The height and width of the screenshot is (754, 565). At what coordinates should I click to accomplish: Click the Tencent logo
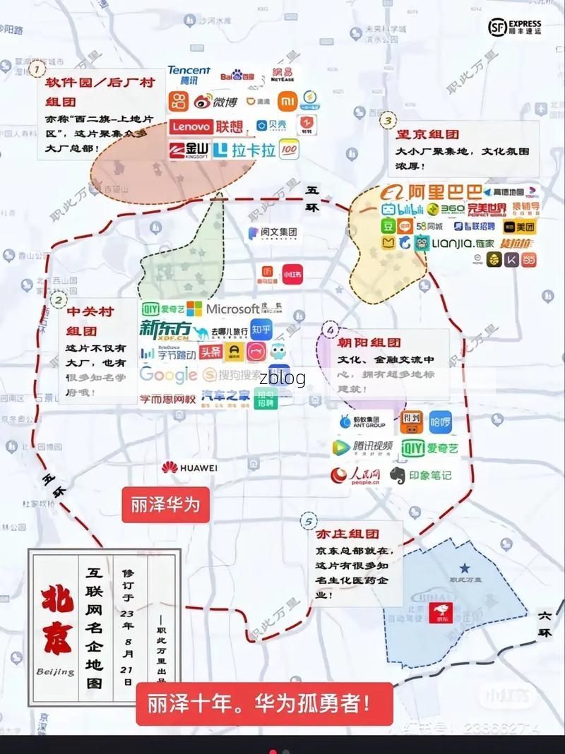point(189,75)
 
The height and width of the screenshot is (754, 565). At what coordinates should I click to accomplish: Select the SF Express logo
point(515,28)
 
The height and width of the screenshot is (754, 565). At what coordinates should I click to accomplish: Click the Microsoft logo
point(223,309)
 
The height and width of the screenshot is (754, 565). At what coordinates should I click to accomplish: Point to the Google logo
point(168,374)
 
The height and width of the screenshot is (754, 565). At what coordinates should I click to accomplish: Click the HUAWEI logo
point(189,467)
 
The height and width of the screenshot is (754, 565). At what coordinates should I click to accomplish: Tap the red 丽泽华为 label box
point(165,504)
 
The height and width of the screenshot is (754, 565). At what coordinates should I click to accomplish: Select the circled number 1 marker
point(37,68)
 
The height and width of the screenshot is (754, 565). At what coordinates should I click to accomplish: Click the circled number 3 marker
point(387,121)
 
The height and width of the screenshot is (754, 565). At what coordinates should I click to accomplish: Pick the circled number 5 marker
point(308,522)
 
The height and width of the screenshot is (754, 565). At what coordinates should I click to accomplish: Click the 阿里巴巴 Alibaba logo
point(431,192)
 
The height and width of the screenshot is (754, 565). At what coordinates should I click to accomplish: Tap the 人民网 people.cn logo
point(356,475)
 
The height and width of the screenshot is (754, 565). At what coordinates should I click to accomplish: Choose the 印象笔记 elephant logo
point(420,475)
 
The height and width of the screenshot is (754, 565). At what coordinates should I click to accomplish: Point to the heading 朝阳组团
point(369,343)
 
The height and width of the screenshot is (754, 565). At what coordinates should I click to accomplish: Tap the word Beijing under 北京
point(55,671)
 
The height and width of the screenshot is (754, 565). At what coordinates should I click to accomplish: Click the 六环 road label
point(545,623)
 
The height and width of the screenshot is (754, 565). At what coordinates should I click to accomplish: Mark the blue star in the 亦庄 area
point(465,568)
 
